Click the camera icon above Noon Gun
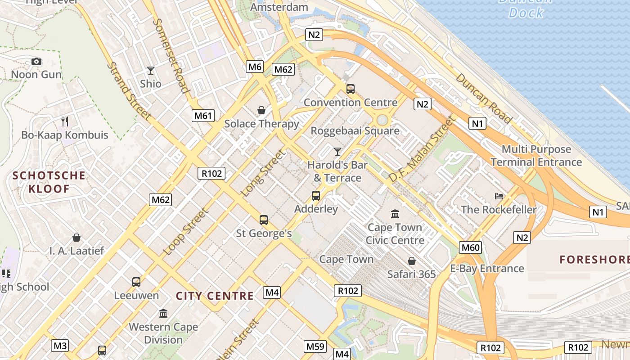click(x=36, y=61)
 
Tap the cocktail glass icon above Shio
click(x=150, y=71)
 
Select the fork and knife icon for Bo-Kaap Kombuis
click(x=65, y=121)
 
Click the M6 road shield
click(x=255, y=67)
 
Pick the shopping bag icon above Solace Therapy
click(x=261, y=110)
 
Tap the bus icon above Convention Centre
click(x=351, y=89)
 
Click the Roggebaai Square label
click(x=355, y=131)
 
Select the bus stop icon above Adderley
click(x=316, y=196)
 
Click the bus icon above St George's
click(x=264, y=220)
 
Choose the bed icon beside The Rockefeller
click(x=499, y=196)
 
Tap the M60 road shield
click(x=471, y=247)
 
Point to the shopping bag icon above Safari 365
click(x=411, y=261)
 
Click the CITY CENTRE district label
click(x=215, y=296)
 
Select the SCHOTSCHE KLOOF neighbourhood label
click(x=49, y=182)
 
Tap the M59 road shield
click(x=315, y=346)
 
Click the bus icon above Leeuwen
click(x=136, y=282)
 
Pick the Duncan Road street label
click(x=483, y=98)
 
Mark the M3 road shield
click(x=60, y=346)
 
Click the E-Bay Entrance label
click(x=487, y=269)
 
